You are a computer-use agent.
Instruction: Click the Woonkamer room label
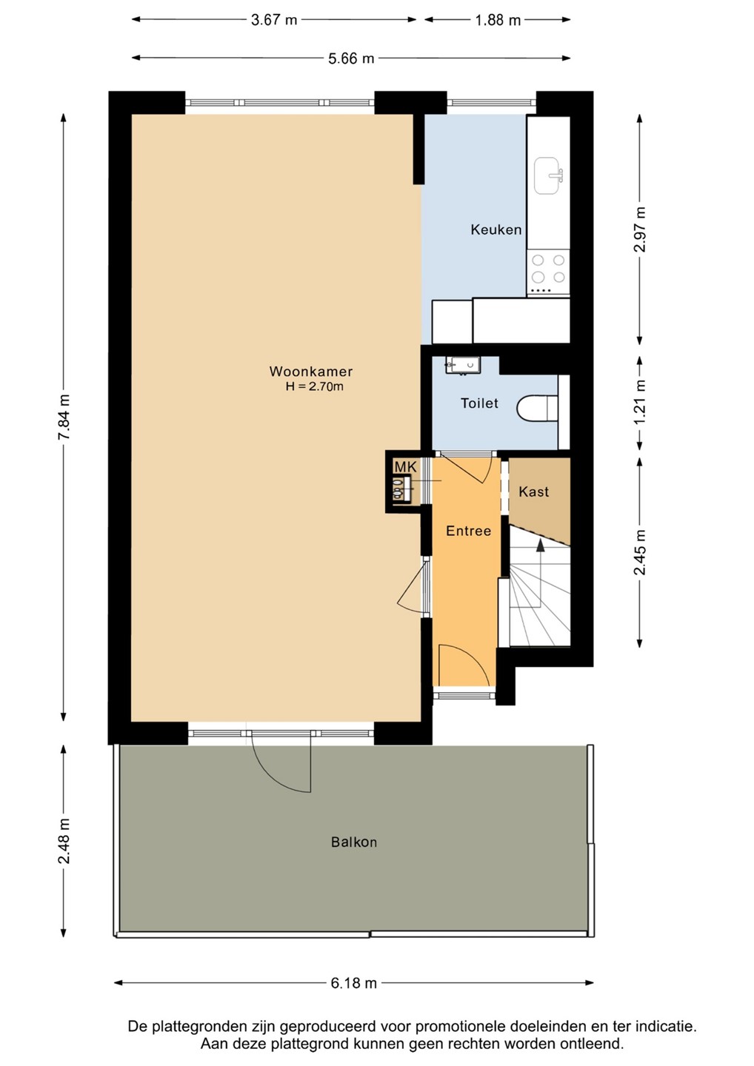[x=311, y=371]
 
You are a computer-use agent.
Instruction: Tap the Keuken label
[x=496, y=229]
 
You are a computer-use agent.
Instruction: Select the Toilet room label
[x=479, y=403]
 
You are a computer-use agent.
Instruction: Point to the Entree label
[x=468, y=531]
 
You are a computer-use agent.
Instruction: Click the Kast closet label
[x=533, y=492]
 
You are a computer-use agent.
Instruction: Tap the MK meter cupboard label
[x=405, y=467]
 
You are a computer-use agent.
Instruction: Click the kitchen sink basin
[x=548, y=175]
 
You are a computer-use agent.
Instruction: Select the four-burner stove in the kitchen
[x=548, y=274]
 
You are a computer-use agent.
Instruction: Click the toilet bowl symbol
[x=537, y=409]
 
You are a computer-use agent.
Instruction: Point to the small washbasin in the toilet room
[x=463, y=366]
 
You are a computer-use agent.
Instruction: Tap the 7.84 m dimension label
[x=64, y=418]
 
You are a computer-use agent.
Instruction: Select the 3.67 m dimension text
[x=274, y=20]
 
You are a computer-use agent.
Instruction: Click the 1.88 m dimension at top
[x=498, y=20]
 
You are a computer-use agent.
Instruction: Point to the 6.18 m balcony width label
[x=354, y=983]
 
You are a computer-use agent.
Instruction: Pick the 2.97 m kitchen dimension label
[x=640, y=229]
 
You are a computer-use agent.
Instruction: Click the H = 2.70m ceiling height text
[x=314, y=386]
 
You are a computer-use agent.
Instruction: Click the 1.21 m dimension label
[x=640, y=402]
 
